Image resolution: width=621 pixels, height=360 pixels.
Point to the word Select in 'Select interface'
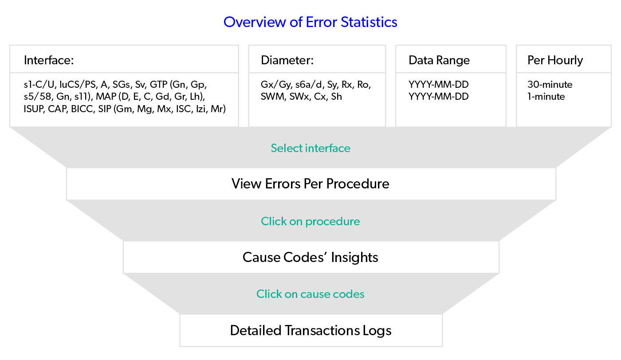(285, 148)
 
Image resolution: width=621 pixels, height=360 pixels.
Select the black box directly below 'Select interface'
(311, 184)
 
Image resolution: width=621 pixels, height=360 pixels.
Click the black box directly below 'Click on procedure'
(311, 257)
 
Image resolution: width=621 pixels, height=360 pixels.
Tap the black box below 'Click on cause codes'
(311, 330)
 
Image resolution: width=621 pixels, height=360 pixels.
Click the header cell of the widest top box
(124, 59)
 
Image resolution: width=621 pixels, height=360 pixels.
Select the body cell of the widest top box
(124, 100)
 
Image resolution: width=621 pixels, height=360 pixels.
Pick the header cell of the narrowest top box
(564, 59)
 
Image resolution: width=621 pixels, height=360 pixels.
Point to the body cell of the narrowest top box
(564, 100)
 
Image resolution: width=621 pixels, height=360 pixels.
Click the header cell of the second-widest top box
(317, 59)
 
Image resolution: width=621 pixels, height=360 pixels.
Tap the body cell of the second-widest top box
(317, 100)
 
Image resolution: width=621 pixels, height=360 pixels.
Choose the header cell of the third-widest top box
(451, 59)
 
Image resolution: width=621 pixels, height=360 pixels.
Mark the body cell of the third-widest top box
(451, 100)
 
